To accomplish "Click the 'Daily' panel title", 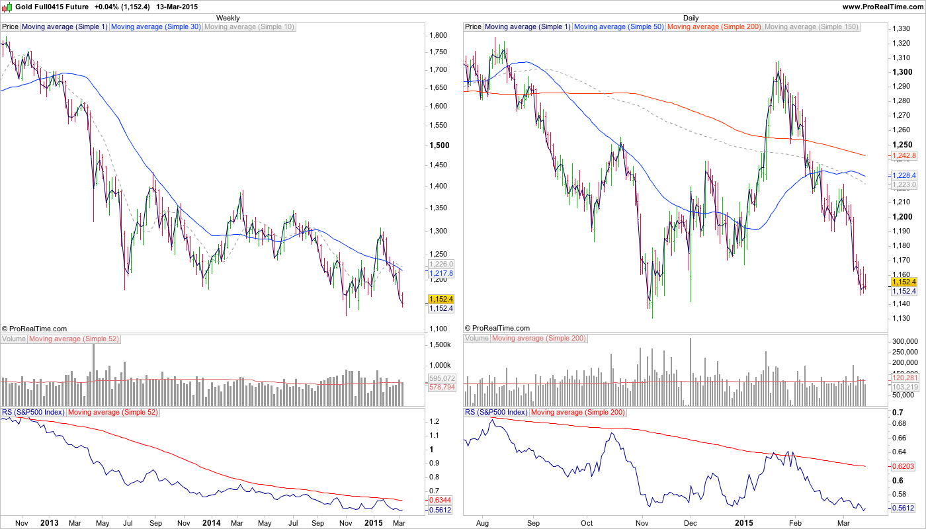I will click(x=691, y=18).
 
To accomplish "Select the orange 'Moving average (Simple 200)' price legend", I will click(x=714, y=27).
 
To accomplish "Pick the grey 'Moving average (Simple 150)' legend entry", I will click(x=811, y=27).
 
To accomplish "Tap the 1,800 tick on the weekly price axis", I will click(x=439, y=35).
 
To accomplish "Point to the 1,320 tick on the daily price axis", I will click(x=901, y=43).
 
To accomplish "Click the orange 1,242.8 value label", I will click(x=904, y=156).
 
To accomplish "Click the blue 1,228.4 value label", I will click(x=904, y=175).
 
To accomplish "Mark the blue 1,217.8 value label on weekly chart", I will click(x=441, y=273).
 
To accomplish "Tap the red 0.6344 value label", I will click(x=441, y=500).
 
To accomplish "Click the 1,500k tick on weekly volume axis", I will click(x=440, y=345).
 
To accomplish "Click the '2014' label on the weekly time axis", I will click(x=210, y=523).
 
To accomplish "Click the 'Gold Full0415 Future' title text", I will click(x=52, y=7).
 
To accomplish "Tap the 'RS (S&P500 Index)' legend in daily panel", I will click(x=496, y=413).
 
